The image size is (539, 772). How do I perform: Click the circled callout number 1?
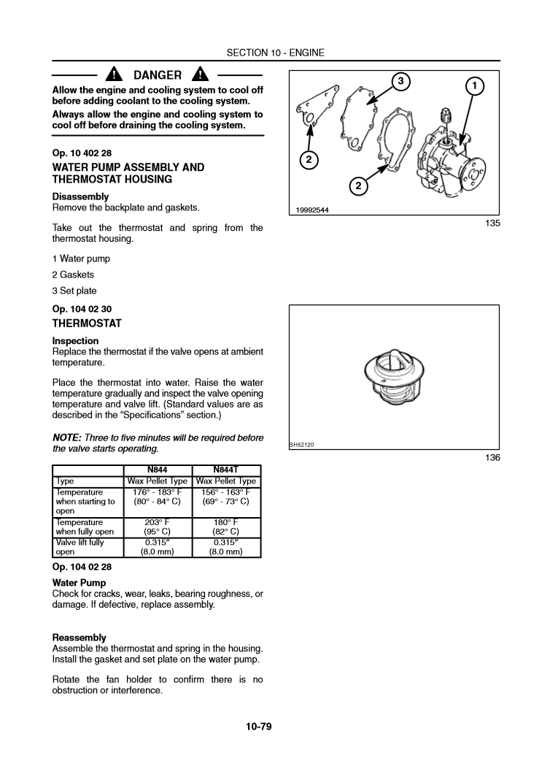click(x=475, y=86)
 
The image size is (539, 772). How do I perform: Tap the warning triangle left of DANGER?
click(x=115, y=74)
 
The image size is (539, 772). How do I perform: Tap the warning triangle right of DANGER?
click(x=199, y=74)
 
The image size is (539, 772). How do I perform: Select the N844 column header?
click(x=158, y=471)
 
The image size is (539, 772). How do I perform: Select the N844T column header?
click(x=226, y=471)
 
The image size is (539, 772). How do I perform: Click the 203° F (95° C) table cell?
click(x=158, y=527)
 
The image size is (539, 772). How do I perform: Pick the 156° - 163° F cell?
click(x=226, y=492)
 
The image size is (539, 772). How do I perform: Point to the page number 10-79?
click(x=259, y=726)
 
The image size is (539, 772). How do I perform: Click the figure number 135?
click(x=492, y=223)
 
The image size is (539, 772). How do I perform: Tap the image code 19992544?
click(x=312, y=210)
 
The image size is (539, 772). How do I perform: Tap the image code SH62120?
click(x=301, y=445)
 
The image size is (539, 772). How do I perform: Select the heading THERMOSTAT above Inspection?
click(x=87, y=323)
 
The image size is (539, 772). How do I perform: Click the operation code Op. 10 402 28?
click(x=82, y=153)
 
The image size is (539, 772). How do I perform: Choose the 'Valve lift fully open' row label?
click(x=80, y=547)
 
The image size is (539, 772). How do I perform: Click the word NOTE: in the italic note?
click(x=69, y=437)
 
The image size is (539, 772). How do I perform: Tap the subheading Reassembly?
click(x=80, y=638)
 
